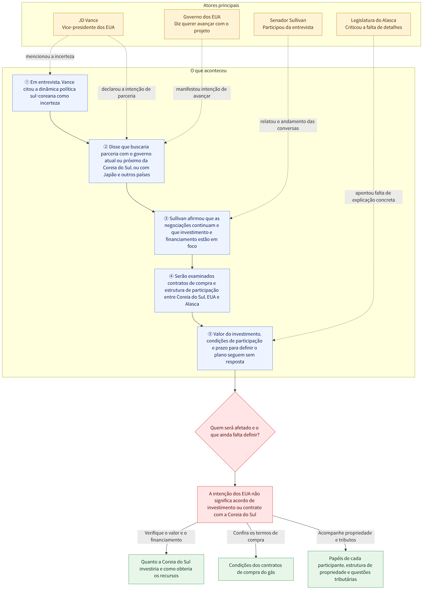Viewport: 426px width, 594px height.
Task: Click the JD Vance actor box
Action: tap(88, 24)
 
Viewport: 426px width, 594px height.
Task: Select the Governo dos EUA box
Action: tap(202, 24)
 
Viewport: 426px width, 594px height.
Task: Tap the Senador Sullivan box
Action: tap(288, 24)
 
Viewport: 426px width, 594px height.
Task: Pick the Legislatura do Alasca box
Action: tap(373, 24)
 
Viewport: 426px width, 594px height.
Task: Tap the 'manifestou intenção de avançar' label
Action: tap(202, 93)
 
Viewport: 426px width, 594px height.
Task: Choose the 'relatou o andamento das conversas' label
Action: tap(288, 125)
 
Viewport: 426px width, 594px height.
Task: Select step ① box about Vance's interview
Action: tap(50, 93)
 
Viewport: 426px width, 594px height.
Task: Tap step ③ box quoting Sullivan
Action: tap(192, 232)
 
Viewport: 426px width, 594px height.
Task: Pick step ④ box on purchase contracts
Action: tap(192, 291)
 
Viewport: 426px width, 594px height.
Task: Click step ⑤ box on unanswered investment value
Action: tap(235, 348)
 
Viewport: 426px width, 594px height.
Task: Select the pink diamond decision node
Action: tap(235, 432)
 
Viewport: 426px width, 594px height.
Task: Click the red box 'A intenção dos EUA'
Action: tap(235, 504)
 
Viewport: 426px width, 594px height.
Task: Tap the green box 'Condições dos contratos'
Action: tap(256, 569)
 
